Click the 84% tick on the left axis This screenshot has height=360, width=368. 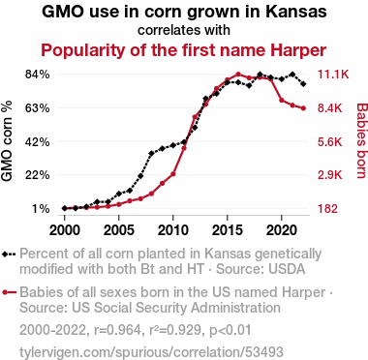[x=38, y=75]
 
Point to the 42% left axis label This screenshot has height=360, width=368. [x=38, y=141]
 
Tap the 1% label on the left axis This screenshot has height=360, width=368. [x=41, y=209]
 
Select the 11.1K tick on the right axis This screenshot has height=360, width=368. [x=333, y=75]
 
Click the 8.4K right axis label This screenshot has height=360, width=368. [x=330, y=108]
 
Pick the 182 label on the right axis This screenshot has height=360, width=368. [x=328, y=209]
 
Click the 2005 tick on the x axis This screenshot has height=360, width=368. [x=119, y=230]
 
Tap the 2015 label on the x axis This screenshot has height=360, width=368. [x=228, y=230]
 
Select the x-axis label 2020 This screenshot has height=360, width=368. [x=282, y=230]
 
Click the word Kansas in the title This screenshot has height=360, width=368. [x=296, y=12]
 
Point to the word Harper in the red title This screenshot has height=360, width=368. [x=298, y=50]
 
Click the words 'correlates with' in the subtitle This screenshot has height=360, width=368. [x=184, y=30]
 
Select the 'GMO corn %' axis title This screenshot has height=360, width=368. [x=7, y=141]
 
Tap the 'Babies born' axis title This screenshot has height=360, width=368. [x=362, y=140]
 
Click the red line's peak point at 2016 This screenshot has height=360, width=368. [x=238, y=75]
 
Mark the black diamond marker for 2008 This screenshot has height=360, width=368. [x=151, y=153]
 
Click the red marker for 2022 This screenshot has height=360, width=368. [x=303, y=108]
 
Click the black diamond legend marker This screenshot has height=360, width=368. [x=5, y=255]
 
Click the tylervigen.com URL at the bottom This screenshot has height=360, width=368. [x=151, y=352]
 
